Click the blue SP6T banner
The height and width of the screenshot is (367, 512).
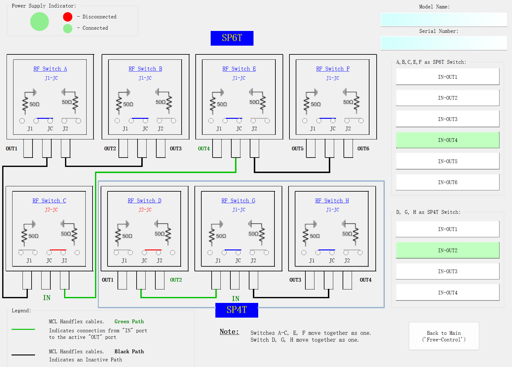click(232, 38)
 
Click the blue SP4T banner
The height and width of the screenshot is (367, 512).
click(237, 310)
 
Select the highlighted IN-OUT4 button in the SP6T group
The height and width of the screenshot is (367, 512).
click(447, 140)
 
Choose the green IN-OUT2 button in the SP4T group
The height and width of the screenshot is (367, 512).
click(447, 250)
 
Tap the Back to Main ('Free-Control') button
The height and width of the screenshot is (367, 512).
click(444, 336)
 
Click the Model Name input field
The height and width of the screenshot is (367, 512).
click(444, 19)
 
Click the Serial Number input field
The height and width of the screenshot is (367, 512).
click(444, 43)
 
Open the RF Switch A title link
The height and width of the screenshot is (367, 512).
click(50, 69)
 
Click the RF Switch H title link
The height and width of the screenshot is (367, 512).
click(332, 200)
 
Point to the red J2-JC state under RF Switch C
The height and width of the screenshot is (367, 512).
click(51, 210)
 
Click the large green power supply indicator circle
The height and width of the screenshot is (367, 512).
click(40, 22)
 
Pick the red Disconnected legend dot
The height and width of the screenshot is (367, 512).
click(68, 17)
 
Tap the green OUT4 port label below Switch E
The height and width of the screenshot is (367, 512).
click(204, 148)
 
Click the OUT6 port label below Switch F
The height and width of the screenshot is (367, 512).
click(363, 148)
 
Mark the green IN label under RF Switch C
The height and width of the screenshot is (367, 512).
click(47, 298)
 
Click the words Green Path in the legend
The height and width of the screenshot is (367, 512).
click(129, 321)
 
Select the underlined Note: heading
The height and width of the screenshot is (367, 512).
click(229, 332)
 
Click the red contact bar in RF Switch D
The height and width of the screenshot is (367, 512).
click(153, 250)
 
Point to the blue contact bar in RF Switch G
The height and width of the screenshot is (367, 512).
click(233, 250)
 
